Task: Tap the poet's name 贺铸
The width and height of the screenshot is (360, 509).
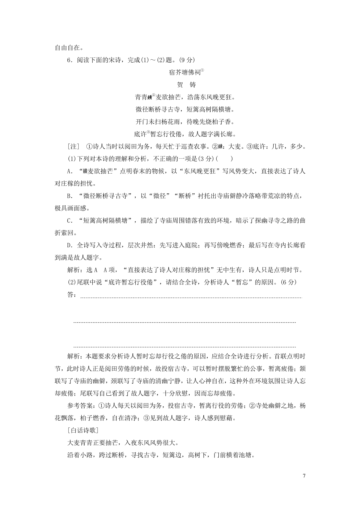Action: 186,85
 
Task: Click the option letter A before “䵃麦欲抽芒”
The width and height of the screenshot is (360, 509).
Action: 69,171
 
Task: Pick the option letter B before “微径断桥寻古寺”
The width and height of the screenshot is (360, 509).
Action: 69,196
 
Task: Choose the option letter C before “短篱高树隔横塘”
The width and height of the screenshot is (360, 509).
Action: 69,221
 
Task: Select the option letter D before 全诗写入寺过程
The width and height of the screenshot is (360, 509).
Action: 69,246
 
